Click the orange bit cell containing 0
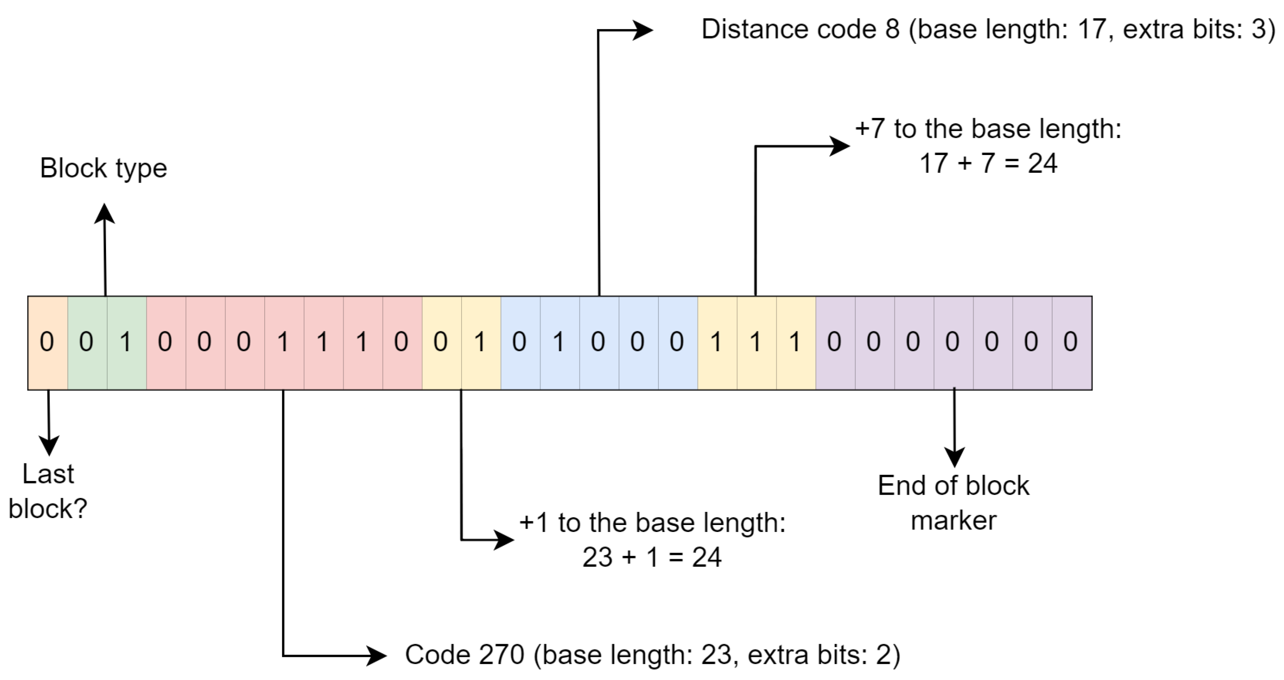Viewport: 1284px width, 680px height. [x=47, y=342]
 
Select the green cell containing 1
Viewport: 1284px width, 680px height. [x=126, y=342]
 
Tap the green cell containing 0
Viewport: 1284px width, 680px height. [x=87, y=342]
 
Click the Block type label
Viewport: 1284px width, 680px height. [x=103, y=168]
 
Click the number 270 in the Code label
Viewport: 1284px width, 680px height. [x=501, y=655]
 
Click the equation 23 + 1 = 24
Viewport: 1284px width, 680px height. [x=651, y=557]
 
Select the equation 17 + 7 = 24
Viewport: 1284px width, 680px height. [x=988, y=164]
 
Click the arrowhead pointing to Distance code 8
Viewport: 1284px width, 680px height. [x=642, y=30]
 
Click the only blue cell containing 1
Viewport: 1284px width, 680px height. [x=559, y=342]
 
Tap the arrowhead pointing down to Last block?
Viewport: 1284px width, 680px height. [x=49, y=445]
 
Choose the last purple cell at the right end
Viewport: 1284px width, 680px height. [x=1071, y=342]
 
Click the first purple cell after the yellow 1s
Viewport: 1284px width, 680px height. [x=835, y=342]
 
